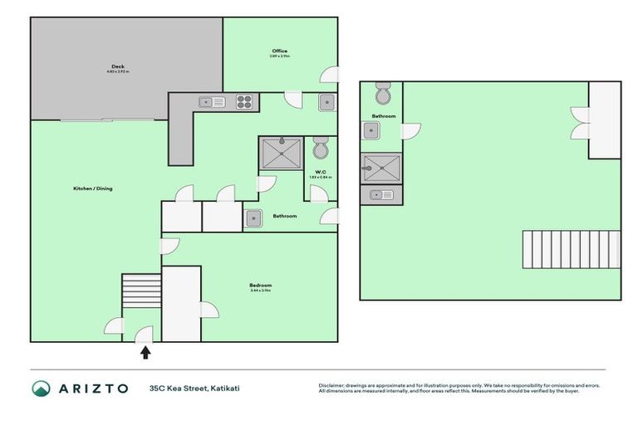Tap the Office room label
click(279, 51)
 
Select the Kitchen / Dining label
click(93, 188)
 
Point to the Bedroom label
click(261, 285)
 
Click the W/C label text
click(320, 172)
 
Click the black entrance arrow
click(145, 352)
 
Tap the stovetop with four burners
click(244, 102)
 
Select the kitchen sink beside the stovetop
click(207, 102)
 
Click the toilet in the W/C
click(321, 149)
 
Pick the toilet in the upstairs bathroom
click(382, 90)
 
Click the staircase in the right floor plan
click(571, 249)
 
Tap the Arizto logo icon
click(42, 388)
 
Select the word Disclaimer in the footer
click(332, 385)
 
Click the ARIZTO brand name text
click(92, 388)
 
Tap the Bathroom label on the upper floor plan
click(384, 116)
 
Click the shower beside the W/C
click(281, 154)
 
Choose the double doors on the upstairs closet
click(581, 122)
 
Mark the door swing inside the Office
click(329, 74)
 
